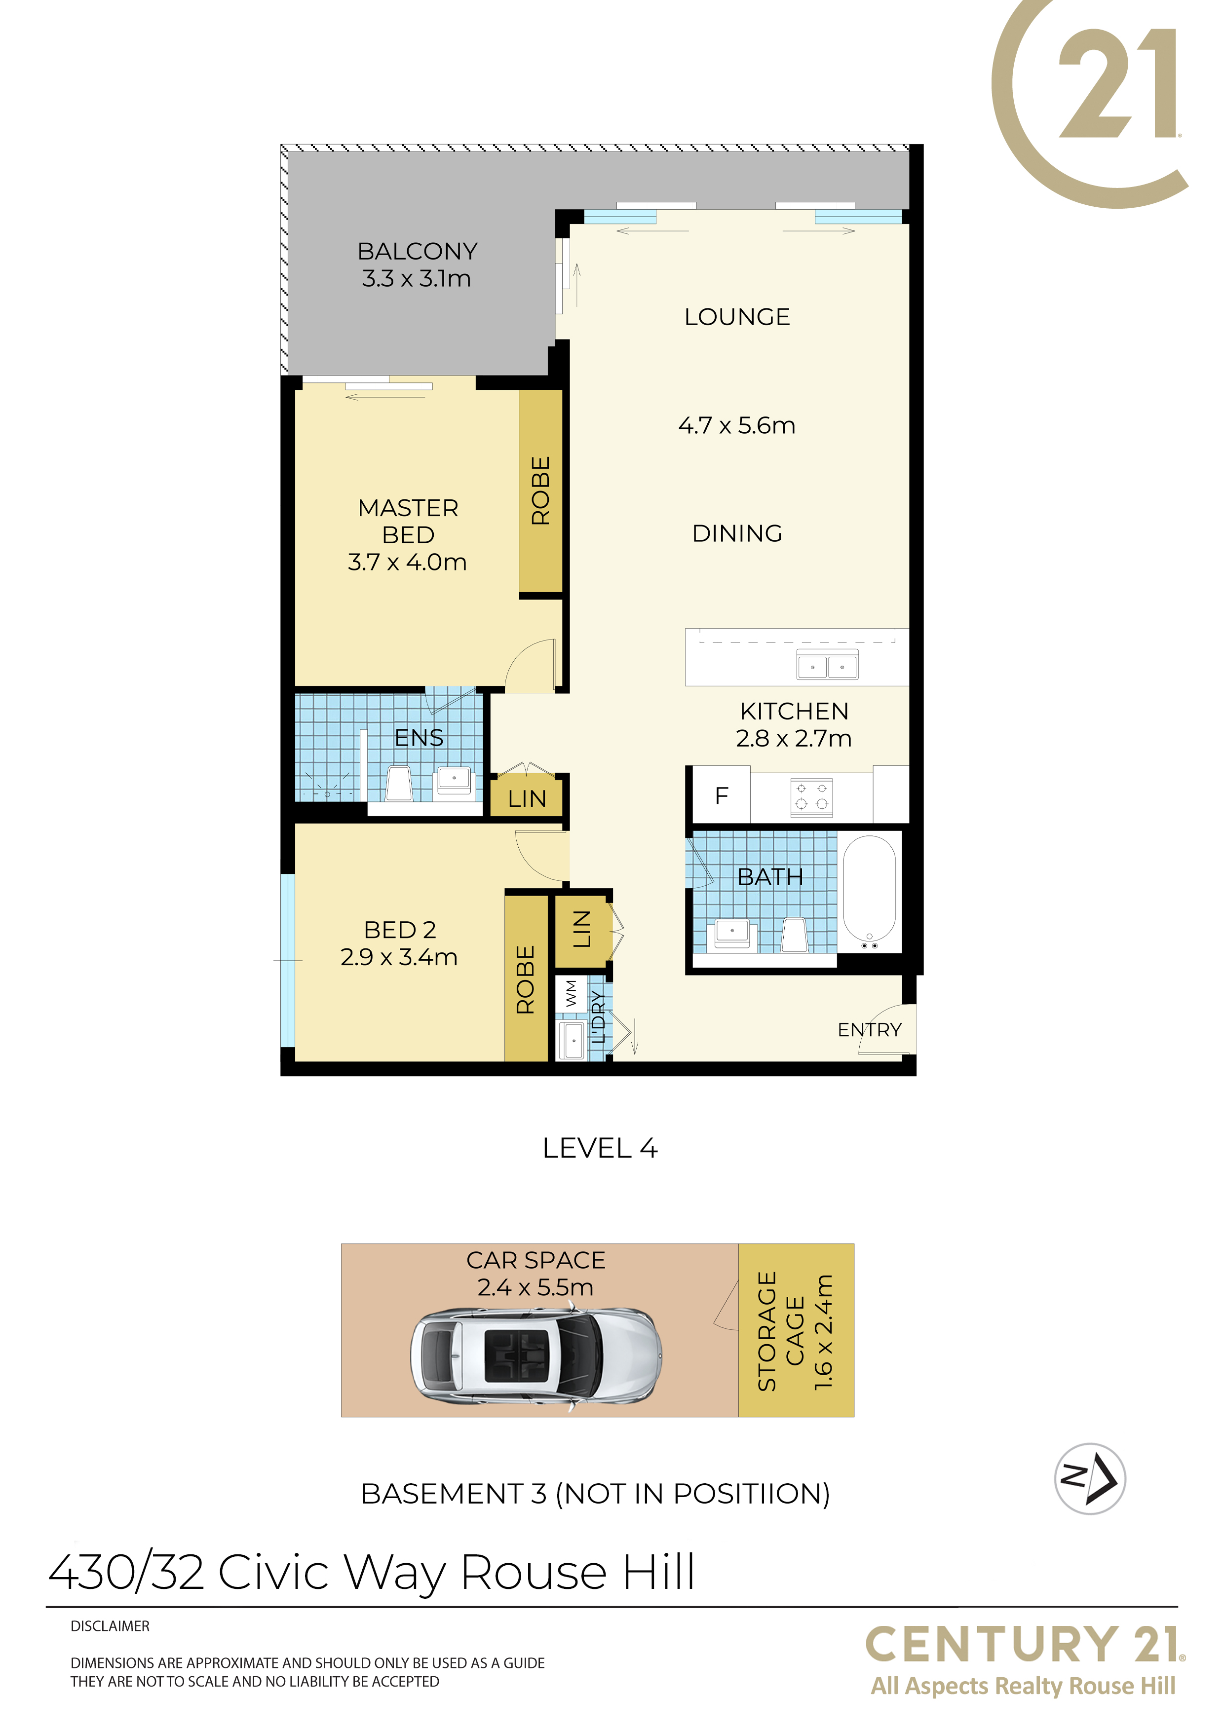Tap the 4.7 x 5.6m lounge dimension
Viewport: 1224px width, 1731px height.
(x=737, y=426)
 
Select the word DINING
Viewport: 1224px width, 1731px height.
(x=737, y=534)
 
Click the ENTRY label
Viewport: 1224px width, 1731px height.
(x=870, y=1030)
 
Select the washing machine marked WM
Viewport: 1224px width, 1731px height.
(x=571, y=994)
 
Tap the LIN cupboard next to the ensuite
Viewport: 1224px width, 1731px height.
(x=527, y=797)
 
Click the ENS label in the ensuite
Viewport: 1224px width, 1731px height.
(x=420, y=738)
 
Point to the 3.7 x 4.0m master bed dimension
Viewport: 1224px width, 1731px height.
(x=407, y=563)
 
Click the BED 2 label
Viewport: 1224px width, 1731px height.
(x=400, y=930)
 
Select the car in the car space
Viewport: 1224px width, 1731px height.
(x=536, y=1355)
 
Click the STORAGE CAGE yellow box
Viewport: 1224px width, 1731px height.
(x=796, y=1331)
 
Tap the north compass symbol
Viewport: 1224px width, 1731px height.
(x=1090, y=1478)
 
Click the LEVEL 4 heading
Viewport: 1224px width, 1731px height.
(x=600, y=1148)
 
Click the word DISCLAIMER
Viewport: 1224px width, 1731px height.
(x=110, y=1626)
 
